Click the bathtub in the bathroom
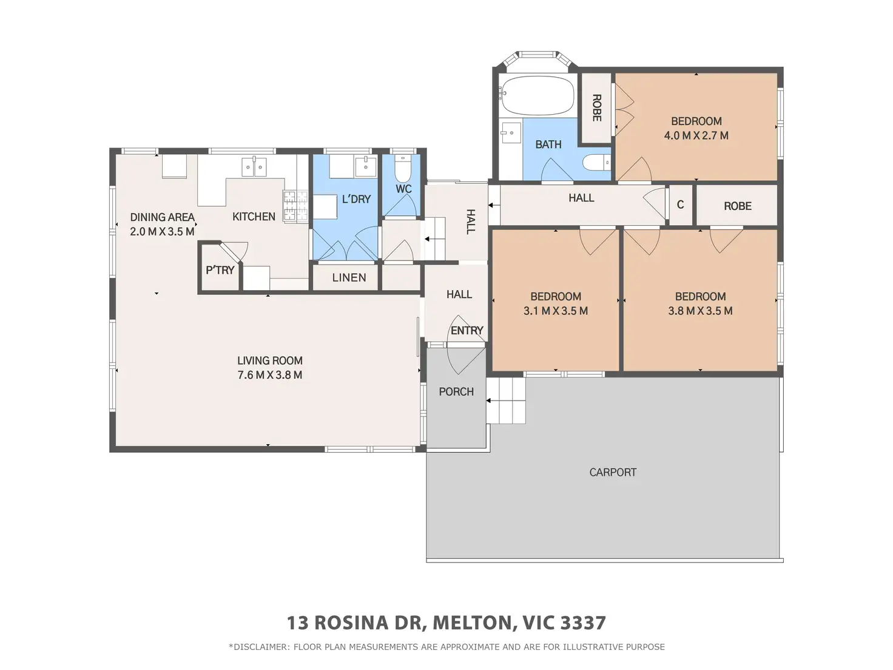point(537,96)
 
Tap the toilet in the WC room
point(403,169)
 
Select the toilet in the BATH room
point(596,163)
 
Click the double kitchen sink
point(254,167)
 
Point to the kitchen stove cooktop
point(295,206)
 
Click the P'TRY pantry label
point(220,270)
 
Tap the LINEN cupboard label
point(349,278)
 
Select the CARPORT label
point(613,472)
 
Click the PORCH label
point(456,392)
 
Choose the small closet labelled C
point(680,205)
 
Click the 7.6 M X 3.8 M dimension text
point(270,374)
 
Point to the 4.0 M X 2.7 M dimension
point(696,135)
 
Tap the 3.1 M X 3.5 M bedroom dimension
point(555,311)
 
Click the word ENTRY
point(467,330)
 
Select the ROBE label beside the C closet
point(738,206)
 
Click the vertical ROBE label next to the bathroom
point(596,108)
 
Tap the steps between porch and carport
point(506,401)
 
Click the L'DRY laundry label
point(356,199)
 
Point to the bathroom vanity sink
point(510,133)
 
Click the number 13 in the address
point(298,623)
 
